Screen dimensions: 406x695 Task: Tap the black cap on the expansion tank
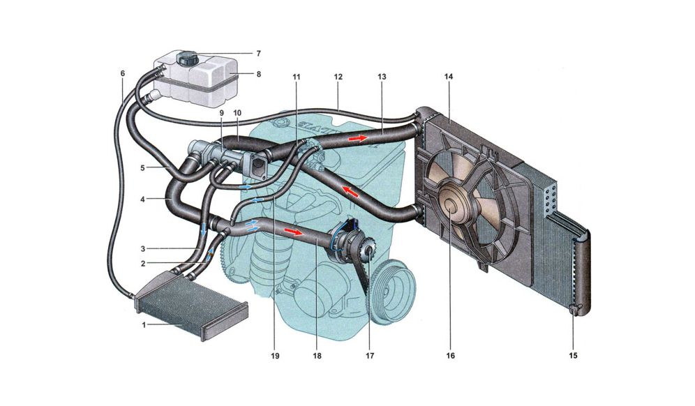tap(187, 58)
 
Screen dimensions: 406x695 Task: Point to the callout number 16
tap(451, 356)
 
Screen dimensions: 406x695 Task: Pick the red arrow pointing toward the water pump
tap(297, 232)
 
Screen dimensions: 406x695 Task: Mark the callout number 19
tap(274, 356)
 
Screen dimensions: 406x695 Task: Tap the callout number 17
tap(369, 356)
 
